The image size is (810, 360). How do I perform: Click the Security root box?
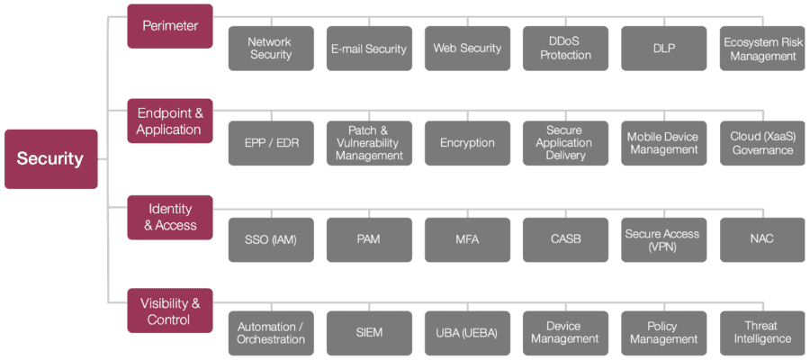[50, 158]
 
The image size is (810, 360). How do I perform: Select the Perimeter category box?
[170, 26]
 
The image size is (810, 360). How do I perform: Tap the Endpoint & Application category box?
[170, 121]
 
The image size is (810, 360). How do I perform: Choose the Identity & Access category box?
[170, 217]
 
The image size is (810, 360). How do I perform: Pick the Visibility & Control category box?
[170, 310]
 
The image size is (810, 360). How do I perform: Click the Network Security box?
[271, 49]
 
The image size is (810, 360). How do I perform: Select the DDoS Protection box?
[565, 49]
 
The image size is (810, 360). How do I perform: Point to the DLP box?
[663, 49]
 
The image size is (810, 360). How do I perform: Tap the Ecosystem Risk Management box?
[762, 49]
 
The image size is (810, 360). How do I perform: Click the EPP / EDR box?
[271, 143]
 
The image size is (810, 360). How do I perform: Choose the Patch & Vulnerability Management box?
[369, 143]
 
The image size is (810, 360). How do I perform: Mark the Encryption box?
[467, 143]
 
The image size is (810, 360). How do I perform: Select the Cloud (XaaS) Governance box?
[762, 143]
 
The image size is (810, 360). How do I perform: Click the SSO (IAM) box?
[271, 239]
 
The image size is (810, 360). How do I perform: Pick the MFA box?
[467, 239]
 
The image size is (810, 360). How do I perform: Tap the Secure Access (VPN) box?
[663, 239]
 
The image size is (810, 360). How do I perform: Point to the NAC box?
[762, 239]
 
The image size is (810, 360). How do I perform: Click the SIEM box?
[369, 333]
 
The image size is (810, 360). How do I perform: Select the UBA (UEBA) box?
[467, 333]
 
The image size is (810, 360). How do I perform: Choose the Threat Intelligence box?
[762, 333]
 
